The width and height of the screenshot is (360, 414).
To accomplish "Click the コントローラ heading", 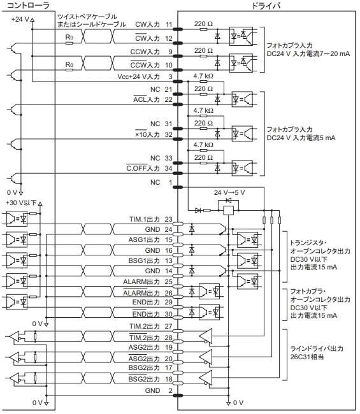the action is pyautogui.click(x=28, y=5).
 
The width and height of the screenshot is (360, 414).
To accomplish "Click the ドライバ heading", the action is pyautogui.click(x=266, y=5).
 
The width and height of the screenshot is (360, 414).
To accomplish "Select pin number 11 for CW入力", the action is pyautogui.click(x=169, y=25).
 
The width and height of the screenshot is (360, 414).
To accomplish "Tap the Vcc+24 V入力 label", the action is pyautogui.click(x=139, y=77).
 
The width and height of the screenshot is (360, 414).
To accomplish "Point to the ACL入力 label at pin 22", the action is pyautogui.click(x=147, y=99).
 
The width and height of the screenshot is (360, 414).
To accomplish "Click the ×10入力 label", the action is pyautogui.click(x=147, y=134).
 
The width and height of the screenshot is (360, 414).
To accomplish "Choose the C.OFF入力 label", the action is pyautogui.click(x=143, y=168).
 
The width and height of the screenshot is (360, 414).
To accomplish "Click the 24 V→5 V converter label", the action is pyautogui.click(x=229, y=192).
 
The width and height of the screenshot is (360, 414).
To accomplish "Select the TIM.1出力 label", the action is pyautogui.click(x=145, y=219).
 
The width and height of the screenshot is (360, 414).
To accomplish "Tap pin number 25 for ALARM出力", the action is pyautogui.click(x=169, y=282).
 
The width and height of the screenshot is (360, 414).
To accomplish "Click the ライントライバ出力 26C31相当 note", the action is pyautogui.click(x=317, y=353).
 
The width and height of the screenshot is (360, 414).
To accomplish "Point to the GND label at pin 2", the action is pyautogui.click(x=152, y=390).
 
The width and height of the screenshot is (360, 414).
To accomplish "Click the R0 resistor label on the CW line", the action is pyautogui.click(x=69, y=37).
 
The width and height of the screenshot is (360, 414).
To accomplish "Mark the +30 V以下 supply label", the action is pyautogui.click(x=21, y=203).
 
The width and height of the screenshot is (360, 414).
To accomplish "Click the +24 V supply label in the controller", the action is pyautogui.click(x=20, y=19).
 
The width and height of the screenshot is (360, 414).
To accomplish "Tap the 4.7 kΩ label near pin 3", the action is pyautogui.click(x=203, y=76).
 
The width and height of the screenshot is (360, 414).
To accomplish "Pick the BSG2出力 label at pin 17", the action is pyautogui.click(x=144, y=368).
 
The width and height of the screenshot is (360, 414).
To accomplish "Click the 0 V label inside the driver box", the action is pyautogui.click(x=238, y=403).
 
